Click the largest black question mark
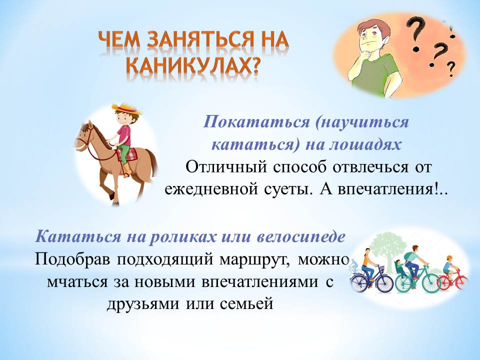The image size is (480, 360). [416, 33]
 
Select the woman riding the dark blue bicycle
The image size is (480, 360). [368, 265]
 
